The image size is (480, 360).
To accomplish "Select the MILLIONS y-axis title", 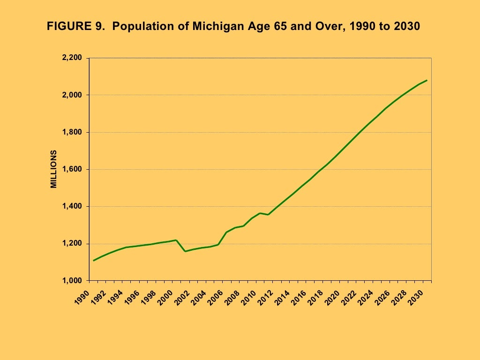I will coord(54,169).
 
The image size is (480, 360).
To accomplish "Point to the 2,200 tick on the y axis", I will coord(72,58).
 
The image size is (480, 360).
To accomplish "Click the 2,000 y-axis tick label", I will coord(72,95).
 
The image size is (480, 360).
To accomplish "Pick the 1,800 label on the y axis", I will coord(72,132).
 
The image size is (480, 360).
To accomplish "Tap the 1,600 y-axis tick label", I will coord(72,169).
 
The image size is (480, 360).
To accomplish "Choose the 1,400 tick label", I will coord(72,207).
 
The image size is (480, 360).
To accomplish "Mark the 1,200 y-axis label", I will coord(72,244).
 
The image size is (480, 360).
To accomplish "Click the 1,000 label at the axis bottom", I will coord(72,281).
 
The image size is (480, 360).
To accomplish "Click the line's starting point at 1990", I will coord(94,260).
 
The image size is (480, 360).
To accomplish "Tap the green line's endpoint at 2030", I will coord(427,80).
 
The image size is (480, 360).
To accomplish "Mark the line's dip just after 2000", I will coord(185,251).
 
